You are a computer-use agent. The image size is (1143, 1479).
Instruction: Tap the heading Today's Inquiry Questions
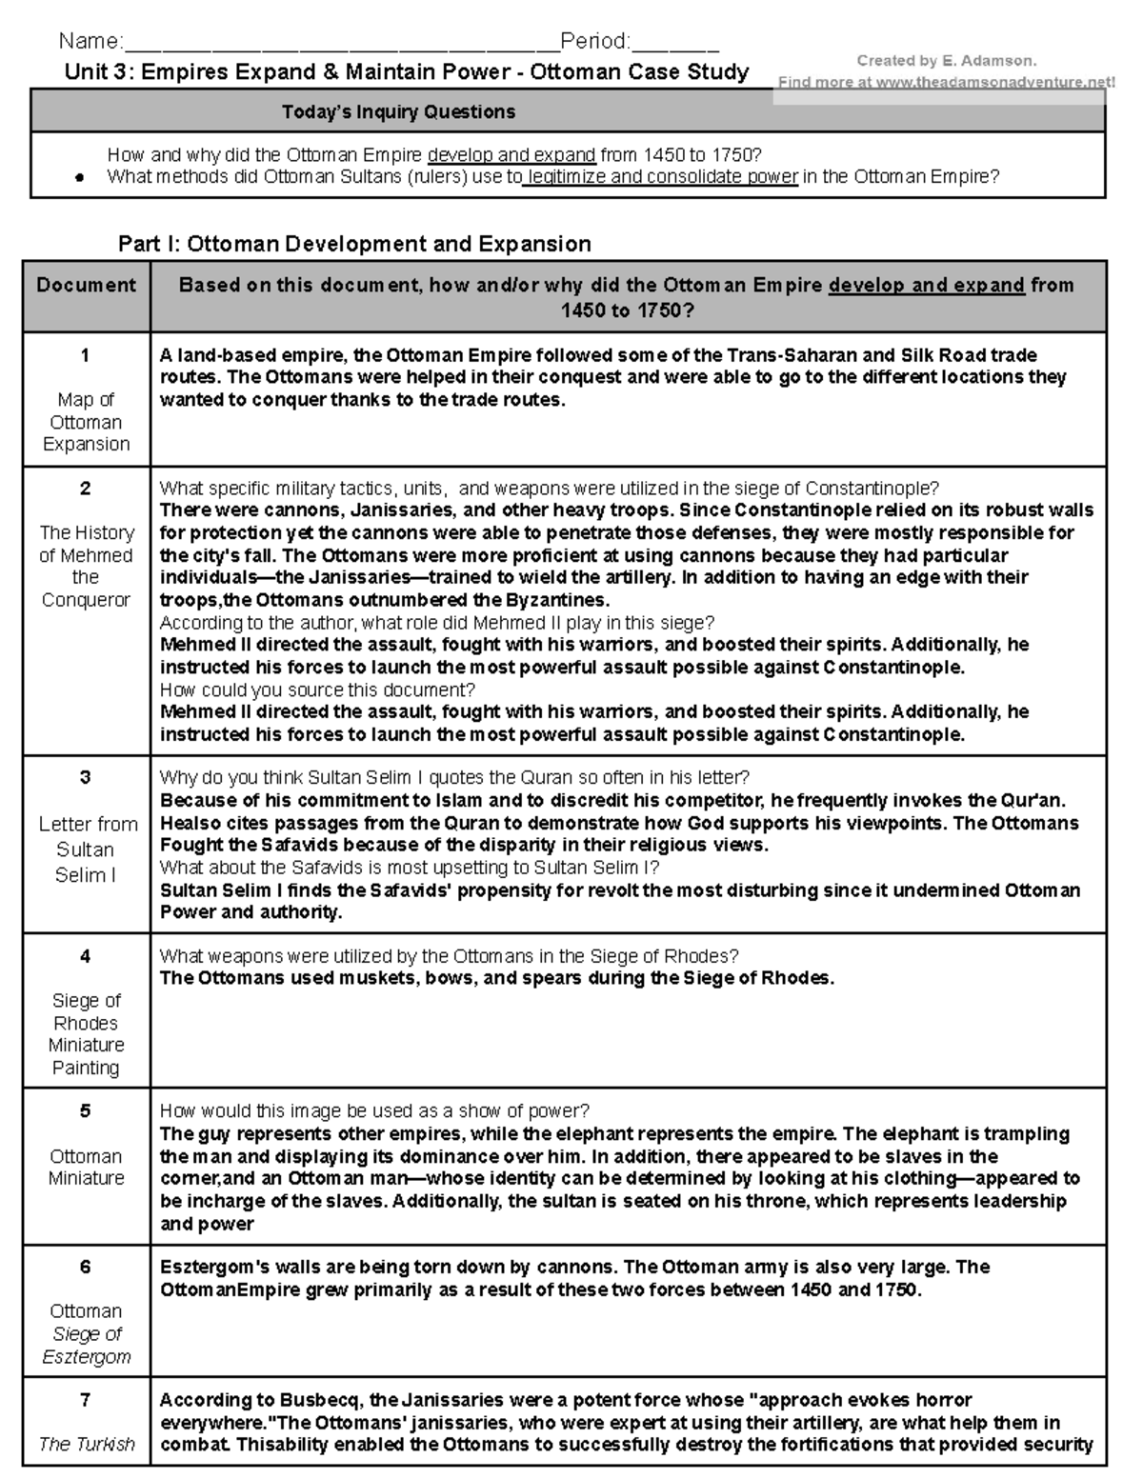point(398,112)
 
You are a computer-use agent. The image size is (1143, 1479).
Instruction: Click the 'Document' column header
point(86,285)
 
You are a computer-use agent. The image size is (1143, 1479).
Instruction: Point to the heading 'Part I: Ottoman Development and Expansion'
point(354,244)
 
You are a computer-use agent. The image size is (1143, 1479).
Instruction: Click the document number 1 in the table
point(86,355)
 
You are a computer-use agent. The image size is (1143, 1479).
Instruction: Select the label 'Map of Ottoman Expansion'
point(86,422)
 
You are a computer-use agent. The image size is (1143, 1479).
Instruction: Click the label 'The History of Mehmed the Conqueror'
point(86,566)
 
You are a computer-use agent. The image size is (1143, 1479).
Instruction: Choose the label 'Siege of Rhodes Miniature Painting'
point(86,1033)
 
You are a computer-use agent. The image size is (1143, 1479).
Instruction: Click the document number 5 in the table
point(86,1110)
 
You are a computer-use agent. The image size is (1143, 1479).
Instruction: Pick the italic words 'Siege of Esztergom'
point(87,1345)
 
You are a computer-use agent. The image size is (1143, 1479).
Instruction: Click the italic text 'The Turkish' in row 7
point(86,1444)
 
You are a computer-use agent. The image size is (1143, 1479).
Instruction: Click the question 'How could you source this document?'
point(317,690)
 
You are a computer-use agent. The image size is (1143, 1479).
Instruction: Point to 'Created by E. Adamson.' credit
point(946,61)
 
